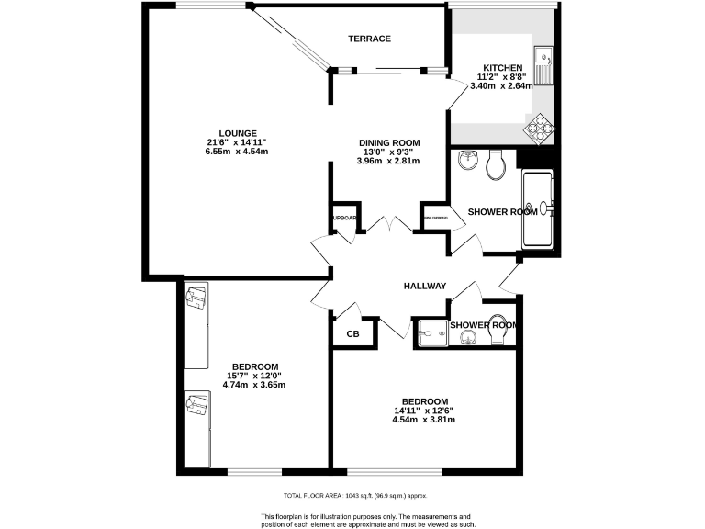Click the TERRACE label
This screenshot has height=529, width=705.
pyautogui.click(x=369, y=39)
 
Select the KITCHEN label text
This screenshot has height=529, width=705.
pyautogui.click(x=503, y=68)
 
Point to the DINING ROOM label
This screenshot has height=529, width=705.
pyautogui.click(x=388, y=142)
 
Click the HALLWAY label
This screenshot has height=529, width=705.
pyautogui.click(x=425, y=287)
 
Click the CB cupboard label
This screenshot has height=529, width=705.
pyautogui.click(x=352, y=334)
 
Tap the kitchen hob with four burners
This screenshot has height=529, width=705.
pyautogui.click(x=538, y=130)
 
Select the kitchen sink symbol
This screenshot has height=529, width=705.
pyautogui.click(x=544, y=64)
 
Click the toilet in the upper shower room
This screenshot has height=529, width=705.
pyautogui.click(x=497, y=164)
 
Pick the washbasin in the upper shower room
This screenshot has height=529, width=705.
pyautogui.click(x=468, y=160)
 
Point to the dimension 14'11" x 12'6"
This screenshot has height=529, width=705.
pyautogui.click(x=425, y=411)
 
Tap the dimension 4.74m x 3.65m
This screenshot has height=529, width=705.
pyautogui.click(x=254, y=385)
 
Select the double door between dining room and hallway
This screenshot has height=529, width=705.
pyautogui.click(x=390, y=225)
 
